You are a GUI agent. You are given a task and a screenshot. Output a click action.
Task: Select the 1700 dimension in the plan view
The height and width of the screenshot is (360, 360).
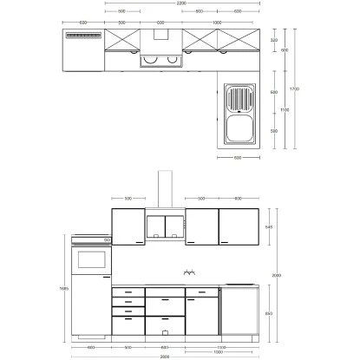pyautogui.click(x=294, y=88)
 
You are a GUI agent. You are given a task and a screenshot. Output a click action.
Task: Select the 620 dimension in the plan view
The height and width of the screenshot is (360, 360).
pyautogui.click(x=82, y=22)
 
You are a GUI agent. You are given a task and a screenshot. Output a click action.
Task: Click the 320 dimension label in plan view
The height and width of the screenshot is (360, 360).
pyautogui.click(x=274, y=40)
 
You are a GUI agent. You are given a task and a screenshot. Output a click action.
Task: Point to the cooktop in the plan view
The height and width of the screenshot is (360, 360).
pyautogui.click(x=158, y=62)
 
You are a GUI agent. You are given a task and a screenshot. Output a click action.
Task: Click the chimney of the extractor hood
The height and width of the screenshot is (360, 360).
pyautogui.click(x=159, y=191)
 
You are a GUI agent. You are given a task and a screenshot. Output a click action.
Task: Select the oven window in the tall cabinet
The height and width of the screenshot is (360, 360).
pyautogui.click(x=91, y=259)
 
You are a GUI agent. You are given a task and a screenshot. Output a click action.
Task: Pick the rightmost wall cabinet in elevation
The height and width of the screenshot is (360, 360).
pyautogui.click(x=239, y=226)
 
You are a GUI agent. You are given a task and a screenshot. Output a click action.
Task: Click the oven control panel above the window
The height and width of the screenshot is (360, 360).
pyautogui.click(x=90, y=239)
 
